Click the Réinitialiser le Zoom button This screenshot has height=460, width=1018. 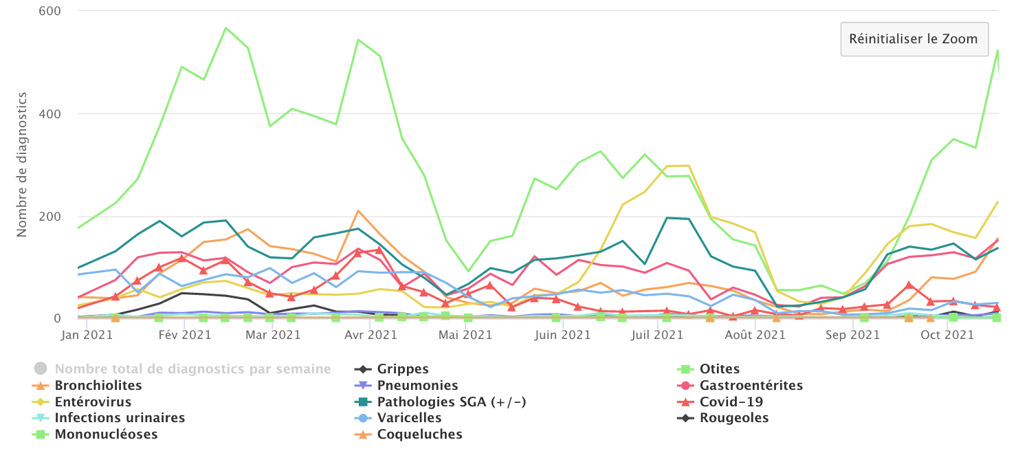[913, 39]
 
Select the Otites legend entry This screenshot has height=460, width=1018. [719, 369]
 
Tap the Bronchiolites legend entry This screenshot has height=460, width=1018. [98, 386]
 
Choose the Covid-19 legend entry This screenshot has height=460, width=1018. [731, 402]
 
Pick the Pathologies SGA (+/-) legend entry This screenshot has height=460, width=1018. [452, 402]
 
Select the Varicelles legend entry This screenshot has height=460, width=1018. [409, 418]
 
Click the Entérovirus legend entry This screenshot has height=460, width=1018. [93, 402]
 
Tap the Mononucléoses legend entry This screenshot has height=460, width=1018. [106, 435]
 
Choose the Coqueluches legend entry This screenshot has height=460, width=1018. [419, 435]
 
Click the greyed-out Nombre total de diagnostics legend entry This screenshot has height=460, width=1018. [192, 369]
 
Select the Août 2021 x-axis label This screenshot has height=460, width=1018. [755, 336]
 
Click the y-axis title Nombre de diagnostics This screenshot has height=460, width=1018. [21, 164]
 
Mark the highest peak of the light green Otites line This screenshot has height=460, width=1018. [225, 28]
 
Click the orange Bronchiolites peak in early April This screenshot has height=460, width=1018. [358, 211]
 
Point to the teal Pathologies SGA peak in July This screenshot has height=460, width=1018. [667, 218]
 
